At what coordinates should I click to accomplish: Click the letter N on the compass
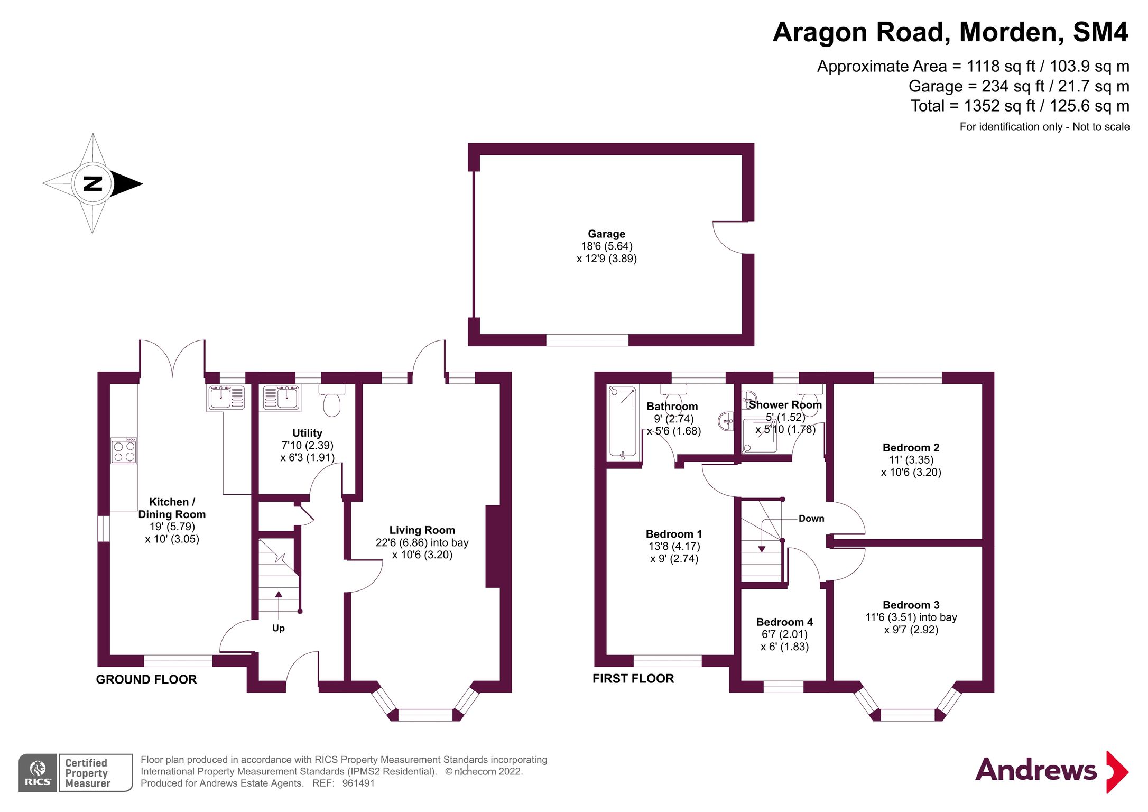point(93,184)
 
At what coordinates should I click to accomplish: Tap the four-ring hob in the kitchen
point(124,451)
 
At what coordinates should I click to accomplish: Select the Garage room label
point(606,234)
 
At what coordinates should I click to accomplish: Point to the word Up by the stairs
point(278,628)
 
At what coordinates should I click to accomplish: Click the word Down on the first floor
point(811,519)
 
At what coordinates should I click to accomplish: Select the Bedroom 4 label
point(784,622)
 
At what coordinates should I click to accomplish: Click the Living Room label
point(422,530)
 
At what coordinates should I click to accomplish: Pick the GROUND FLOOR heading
point(146,679)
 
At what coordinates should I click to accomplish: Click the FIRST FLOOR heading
point(633,678)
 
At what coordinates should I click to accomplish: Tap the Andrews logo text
point(1035,770)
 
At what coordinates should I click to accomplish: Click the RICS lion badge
point(38,772)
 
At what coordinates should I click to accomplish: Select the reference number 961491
point(358,783)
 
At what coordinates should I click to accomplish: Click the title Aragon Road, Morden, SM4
point(950,32)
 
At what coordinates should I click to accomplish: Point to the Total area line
point(1020,106)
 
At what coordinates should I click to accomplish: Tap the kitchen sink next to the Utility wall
point(226,398)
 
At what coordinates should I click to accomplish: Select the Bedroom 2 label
point(911,447)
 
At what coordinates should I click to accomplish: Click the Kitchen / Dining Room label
point(172,508)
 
